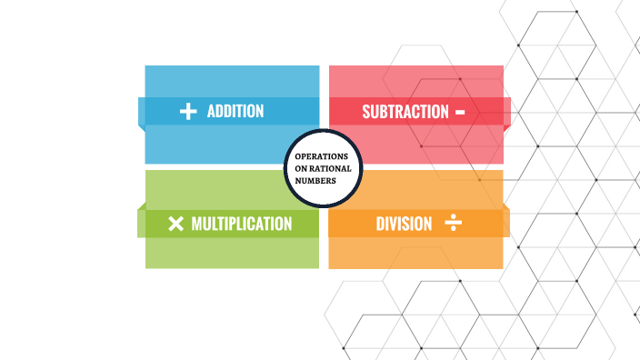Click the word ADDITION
pyautogui.click(x=235, y=112)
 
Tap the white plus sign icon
pyautogui.click(x=188, y=112)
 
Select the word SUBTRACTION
pyautogui.click(x=405, y=112)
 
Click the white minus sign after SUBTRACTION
pyautogui.click(x=460, y=112)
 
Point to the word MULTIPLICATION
pyautogui.click(x=242, y=224)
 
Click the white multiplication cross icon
pyautogui.click(x=176, y=224)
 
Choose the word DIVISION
pyautogui.click(x=404, y=224)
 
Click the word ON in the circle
pyautogui.click(x=302, y=168)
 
